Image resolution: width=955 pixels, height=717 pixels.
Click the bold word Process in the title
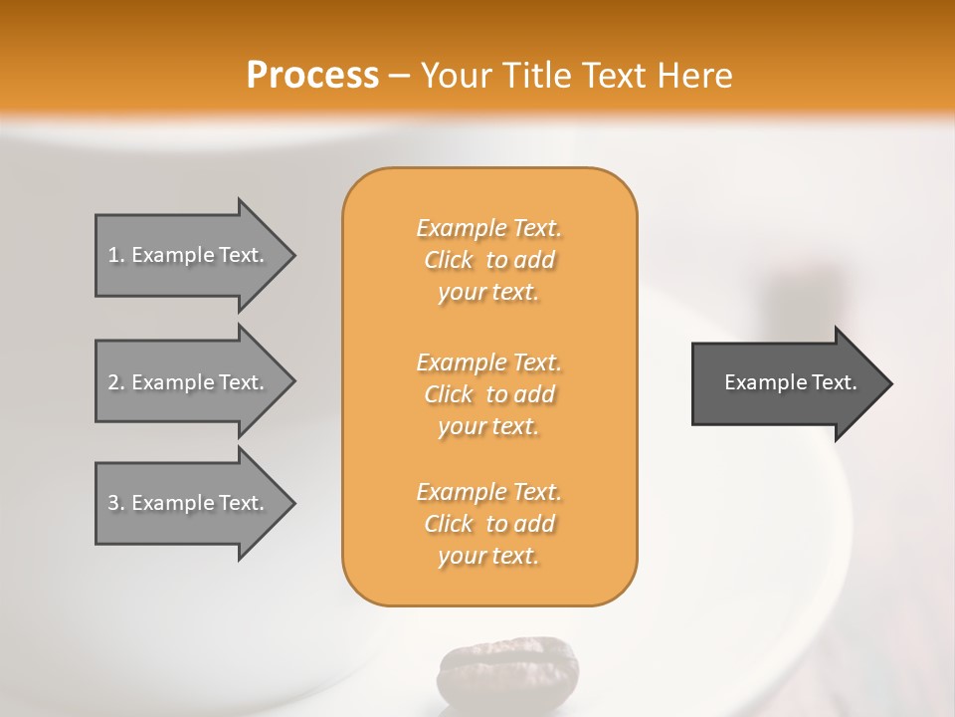[x=312, y=76]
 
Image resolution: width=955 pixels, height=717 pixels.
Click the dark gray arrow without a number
[x=786, y=382]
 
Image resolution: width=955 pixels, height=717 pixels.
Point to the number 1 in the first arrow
[x=113, y=255]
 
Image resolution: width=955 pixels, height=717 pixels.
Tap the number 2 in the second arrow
[x=113, y=382]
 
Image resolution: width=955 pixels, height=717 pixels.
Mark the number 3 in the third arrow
[x=113, y=503]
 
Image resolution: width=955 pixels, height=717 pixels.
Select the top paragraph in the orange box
[x=489, y=260]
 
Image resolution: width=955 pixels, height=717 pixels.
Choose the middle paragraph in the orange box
[x=489, y=394]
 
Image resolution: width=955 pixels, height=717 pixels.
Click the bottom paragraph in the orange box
[x=489, y=524]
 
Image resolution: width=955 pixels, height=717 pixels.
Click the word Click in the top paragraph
[x=449, y=260]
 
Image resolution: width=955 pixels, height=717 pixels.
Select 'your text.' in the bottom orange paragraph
[x=488, y=556]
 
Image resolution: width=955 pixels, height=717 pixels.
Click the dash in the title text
[x=400, y=76]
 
